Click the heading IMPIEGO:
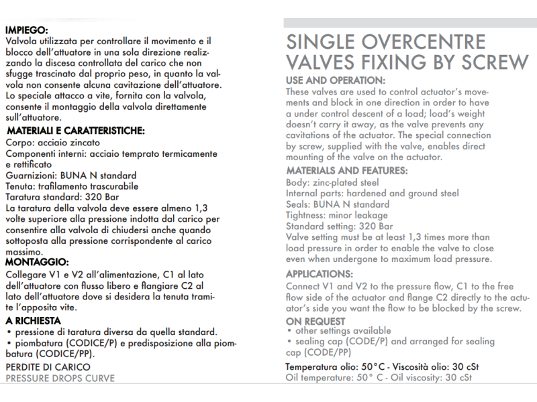26,30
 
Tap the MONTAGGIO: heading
37,262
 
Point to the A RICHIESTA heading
33,320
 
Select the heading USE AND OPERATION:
336,80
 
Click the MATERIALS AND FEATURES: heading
347,170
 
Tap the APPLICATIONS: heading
320,274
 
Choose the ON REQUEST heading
315,322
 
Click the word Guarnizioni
31,175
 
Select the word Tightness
305,215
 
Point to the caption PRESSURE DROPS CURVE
60,378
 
